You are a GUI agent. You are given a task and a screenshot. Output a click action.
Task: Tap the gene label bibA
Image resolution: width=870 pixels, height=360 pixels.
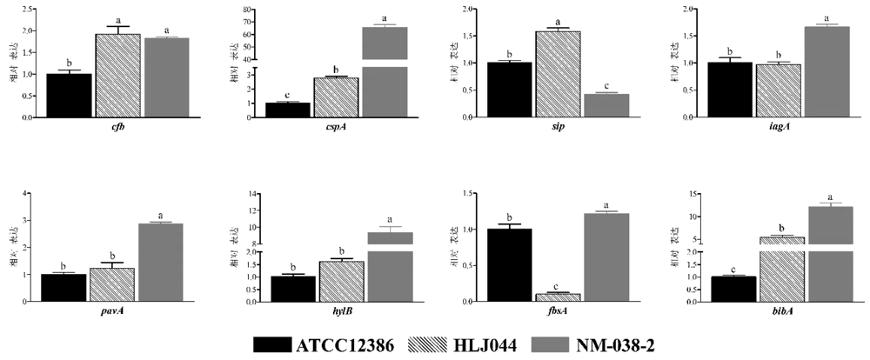pos(776,311)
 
